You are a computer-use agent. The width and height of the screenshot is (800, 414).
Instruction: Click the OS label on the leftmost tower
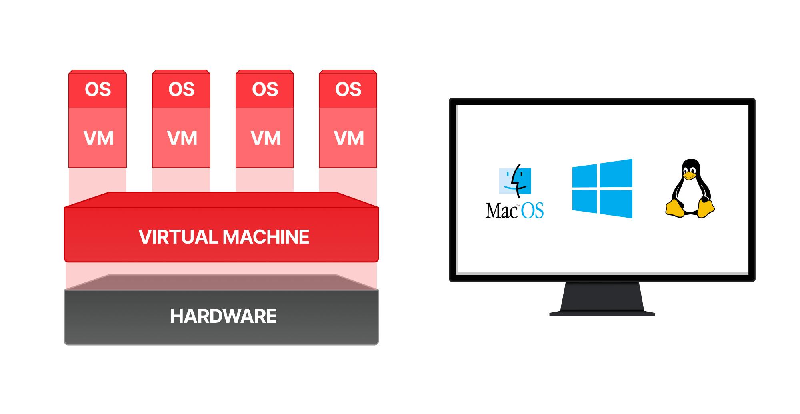coord(98,89)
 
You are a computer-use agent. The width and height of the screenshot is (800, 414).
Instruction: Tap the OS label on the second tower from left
coord(181,89)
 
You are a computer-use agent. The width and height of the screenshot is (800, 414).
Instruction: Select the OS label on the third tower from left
coord(265,89)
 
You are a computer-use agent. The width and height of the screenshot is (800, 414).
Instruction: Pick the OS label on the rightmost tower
coord(348,89)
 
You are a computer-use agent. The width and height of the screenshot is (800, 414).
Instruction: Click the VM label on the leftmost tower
coord(98,138)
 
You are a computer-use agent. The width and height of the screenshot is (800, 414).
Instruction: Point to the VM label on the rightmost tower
coord(349,138)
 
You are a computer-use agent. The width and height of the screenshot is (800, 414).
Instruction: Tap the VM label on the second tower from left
coord(182,138)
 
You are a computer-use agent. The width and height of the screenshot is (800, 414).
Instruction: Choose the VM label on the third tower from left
coord(266,138)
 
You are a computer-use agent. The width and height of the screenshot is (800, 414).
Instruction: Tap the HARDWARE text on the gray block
coord(223,316)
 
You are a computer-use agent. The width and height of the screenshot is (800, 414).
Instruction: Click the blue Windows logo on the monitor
coord(602,188)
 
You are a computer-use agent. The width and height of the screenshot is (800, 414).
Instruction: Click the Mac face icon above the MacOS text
coord(515,181)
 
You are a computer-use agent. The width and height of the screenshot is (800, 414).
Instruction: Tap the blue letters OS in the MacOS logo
coord(532,210)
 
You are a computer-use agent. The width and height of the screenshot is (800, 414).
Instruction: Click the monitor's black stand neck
coord(602,296)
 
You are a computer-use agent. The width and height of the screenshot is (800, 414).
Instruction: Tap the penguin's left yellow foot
coord(675,209)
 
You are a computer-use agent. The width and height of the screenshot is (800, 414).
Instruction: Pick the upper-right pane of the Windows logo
coord(616,173)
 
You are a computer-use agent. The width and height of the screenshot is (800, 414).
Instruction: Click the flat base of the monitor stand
coord(602,314)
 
